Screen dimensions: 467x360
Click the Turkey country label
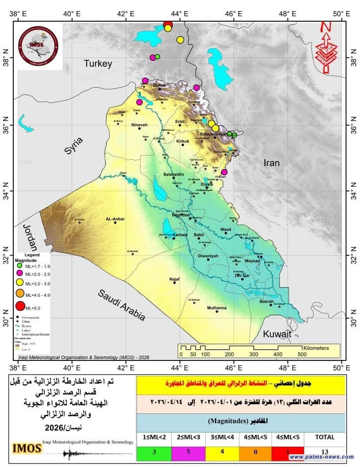98,64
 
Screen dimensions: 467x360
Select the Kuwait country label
277,334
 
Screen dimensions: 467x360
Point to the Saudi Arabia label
122,305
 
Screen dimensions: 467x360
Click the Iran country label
272,163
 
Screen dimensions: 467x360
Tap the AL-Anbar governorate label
115,218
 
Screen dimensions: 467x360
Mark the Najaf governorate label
175,279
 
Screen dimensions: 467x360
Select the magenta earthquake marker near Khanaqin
224,172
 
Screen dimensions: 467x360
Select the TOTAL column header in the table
325,437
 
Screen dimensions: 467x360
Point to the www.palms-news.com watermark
322,457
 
